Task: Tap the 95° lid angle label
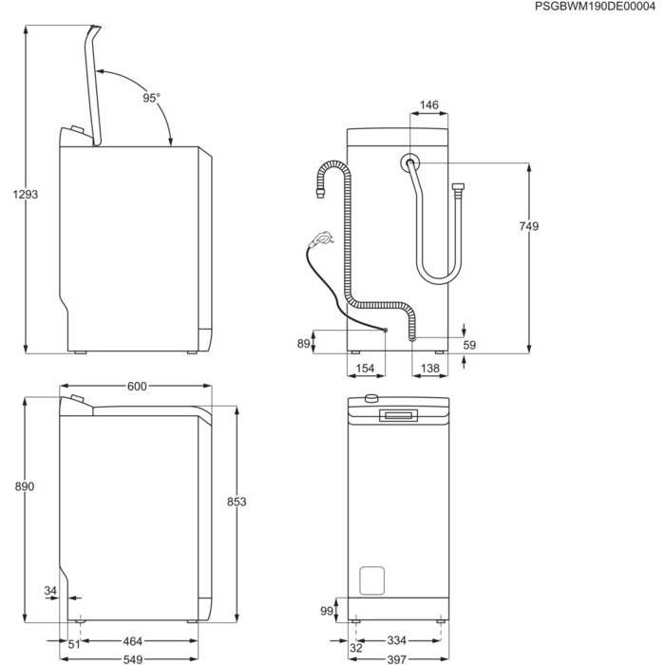coord(152,98)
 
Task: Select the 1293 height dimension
coord(25,194)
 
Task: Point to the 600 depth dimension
coord(136,386)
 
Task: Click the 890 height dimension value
coord(25,486)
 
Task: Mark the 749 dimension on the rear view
coord(528,226)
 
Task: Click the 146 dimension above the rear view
coord(428,105)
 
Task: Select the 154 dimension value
coord(365,368)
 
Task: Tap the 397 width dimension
coord(397,658)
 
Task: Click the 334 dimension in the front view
coord(397,642)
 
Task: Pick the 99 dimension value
coord(326,610)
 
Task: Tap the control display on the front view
coord(397,415)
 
